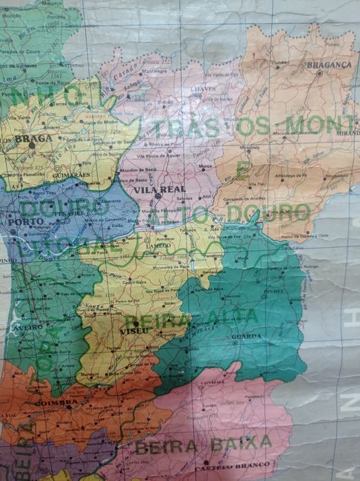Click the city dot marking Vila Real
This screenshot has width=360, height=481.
coord(158,195)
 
